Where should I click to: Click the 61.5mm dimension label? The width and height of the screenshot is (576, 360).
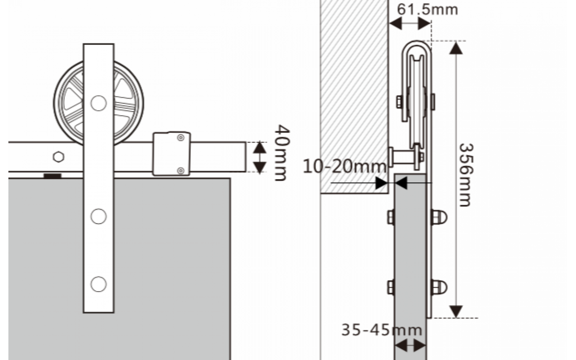pyautogui.click(x=427, y=10)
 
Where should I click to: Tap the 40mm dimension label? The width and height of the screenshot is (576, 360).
pyautogui.click(x=282, y=153)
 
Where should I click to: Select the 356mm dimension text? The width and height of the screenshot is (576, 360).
pyautogui.click(x=466, y=175)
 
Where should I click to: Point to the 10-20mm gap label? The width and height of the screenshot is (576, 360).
pyautogui.click(x=344, y=166)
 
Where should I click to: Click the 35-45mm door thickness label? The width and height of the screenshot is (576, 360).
pyautogui.click(x=382, y=330)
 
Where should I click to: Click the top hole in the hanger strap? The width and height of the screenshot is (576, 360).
pyautogui.click(x=98, y=103)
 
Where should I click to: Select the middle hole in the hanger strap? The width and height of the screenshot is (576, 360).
pyautogui.click(x=98, y=216)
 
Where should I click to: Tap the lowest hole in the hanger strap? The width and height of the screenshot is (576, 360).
pyautogui.click(x=98, y=284)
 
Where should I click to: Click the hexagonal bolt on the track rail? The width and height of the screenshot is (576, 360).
pyautogui.click(x=59, y=157)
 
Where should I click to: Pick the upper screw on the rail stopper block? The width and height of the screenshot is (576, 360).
pyautogui.click(x=181, y=138)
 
